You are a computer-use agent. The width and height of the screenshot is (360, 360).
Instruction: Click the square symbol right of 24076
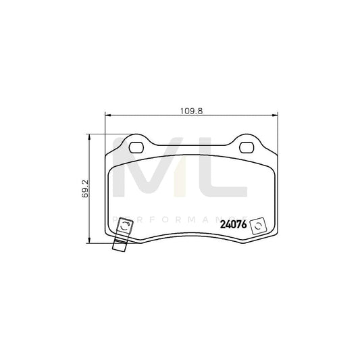[x=257, y=227]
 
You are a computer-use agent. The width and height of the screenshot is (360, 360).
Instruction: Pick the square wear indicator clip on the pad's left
[x=124, y=228]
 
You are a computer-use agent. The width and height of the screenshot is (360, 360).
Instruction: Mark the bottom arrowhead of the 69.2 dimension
[x=89, y=240]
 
